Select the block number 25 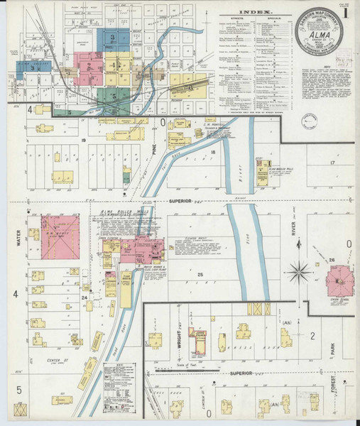[x=200, y=274]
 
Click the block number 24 [x=84, y=297]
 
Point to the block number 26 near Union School [x=331, y=260]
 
